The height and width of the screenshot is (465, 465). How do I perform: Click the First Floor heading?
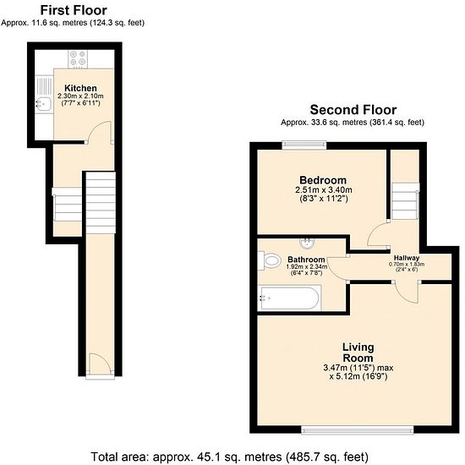click(x=74, y=10)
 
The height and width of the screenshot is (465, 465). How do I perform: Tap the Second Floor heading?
click(x=353, y=110)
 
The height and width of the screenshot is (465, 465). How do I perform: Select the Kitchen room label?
click(x=80, y=88)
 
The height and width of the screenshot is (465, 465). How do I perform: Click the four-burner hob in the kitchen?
click(x=78, y=58)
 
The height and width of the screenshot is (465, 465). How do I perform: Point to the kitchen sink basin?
click(x=43, y=104)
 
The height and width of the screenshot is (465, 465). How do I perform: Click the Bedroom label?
click(x=323, y=180)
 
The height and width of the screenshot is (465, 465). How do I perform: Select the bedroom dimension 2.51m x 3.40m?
click(x=324, y=189)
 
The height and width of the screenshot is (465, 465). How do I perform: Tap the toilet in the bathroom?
click(x=270, y=260)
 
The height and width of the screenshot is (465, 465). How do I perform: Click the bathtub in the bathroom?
click(x=289, y=298)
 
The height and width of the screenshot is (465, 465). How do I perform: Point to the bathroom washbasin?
click(x=307, y=243)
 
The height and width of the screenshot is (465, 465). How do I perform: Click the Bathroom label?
click(x=306, y=260)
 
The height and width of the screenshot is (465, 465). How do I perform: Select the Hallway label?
click(x=407, y=258)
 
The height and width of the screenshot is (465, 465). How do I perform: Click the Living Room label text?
click(x=358, y=352)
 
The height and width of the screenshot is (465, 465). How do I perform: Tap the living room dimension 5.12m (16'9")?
click(x=358, y=376)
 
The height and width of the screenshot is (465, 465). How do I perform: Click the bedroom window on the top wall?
click(x=304, y=145)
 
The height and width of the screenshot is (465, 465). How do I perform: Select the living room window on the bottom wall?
click(x=358, y=429)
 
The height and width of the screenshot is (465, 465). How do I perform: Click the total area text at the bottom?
click(x=229, y=457)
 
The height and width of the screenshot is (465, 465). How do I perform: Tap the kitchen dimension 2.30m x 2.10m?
click(x=80, y=96)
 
